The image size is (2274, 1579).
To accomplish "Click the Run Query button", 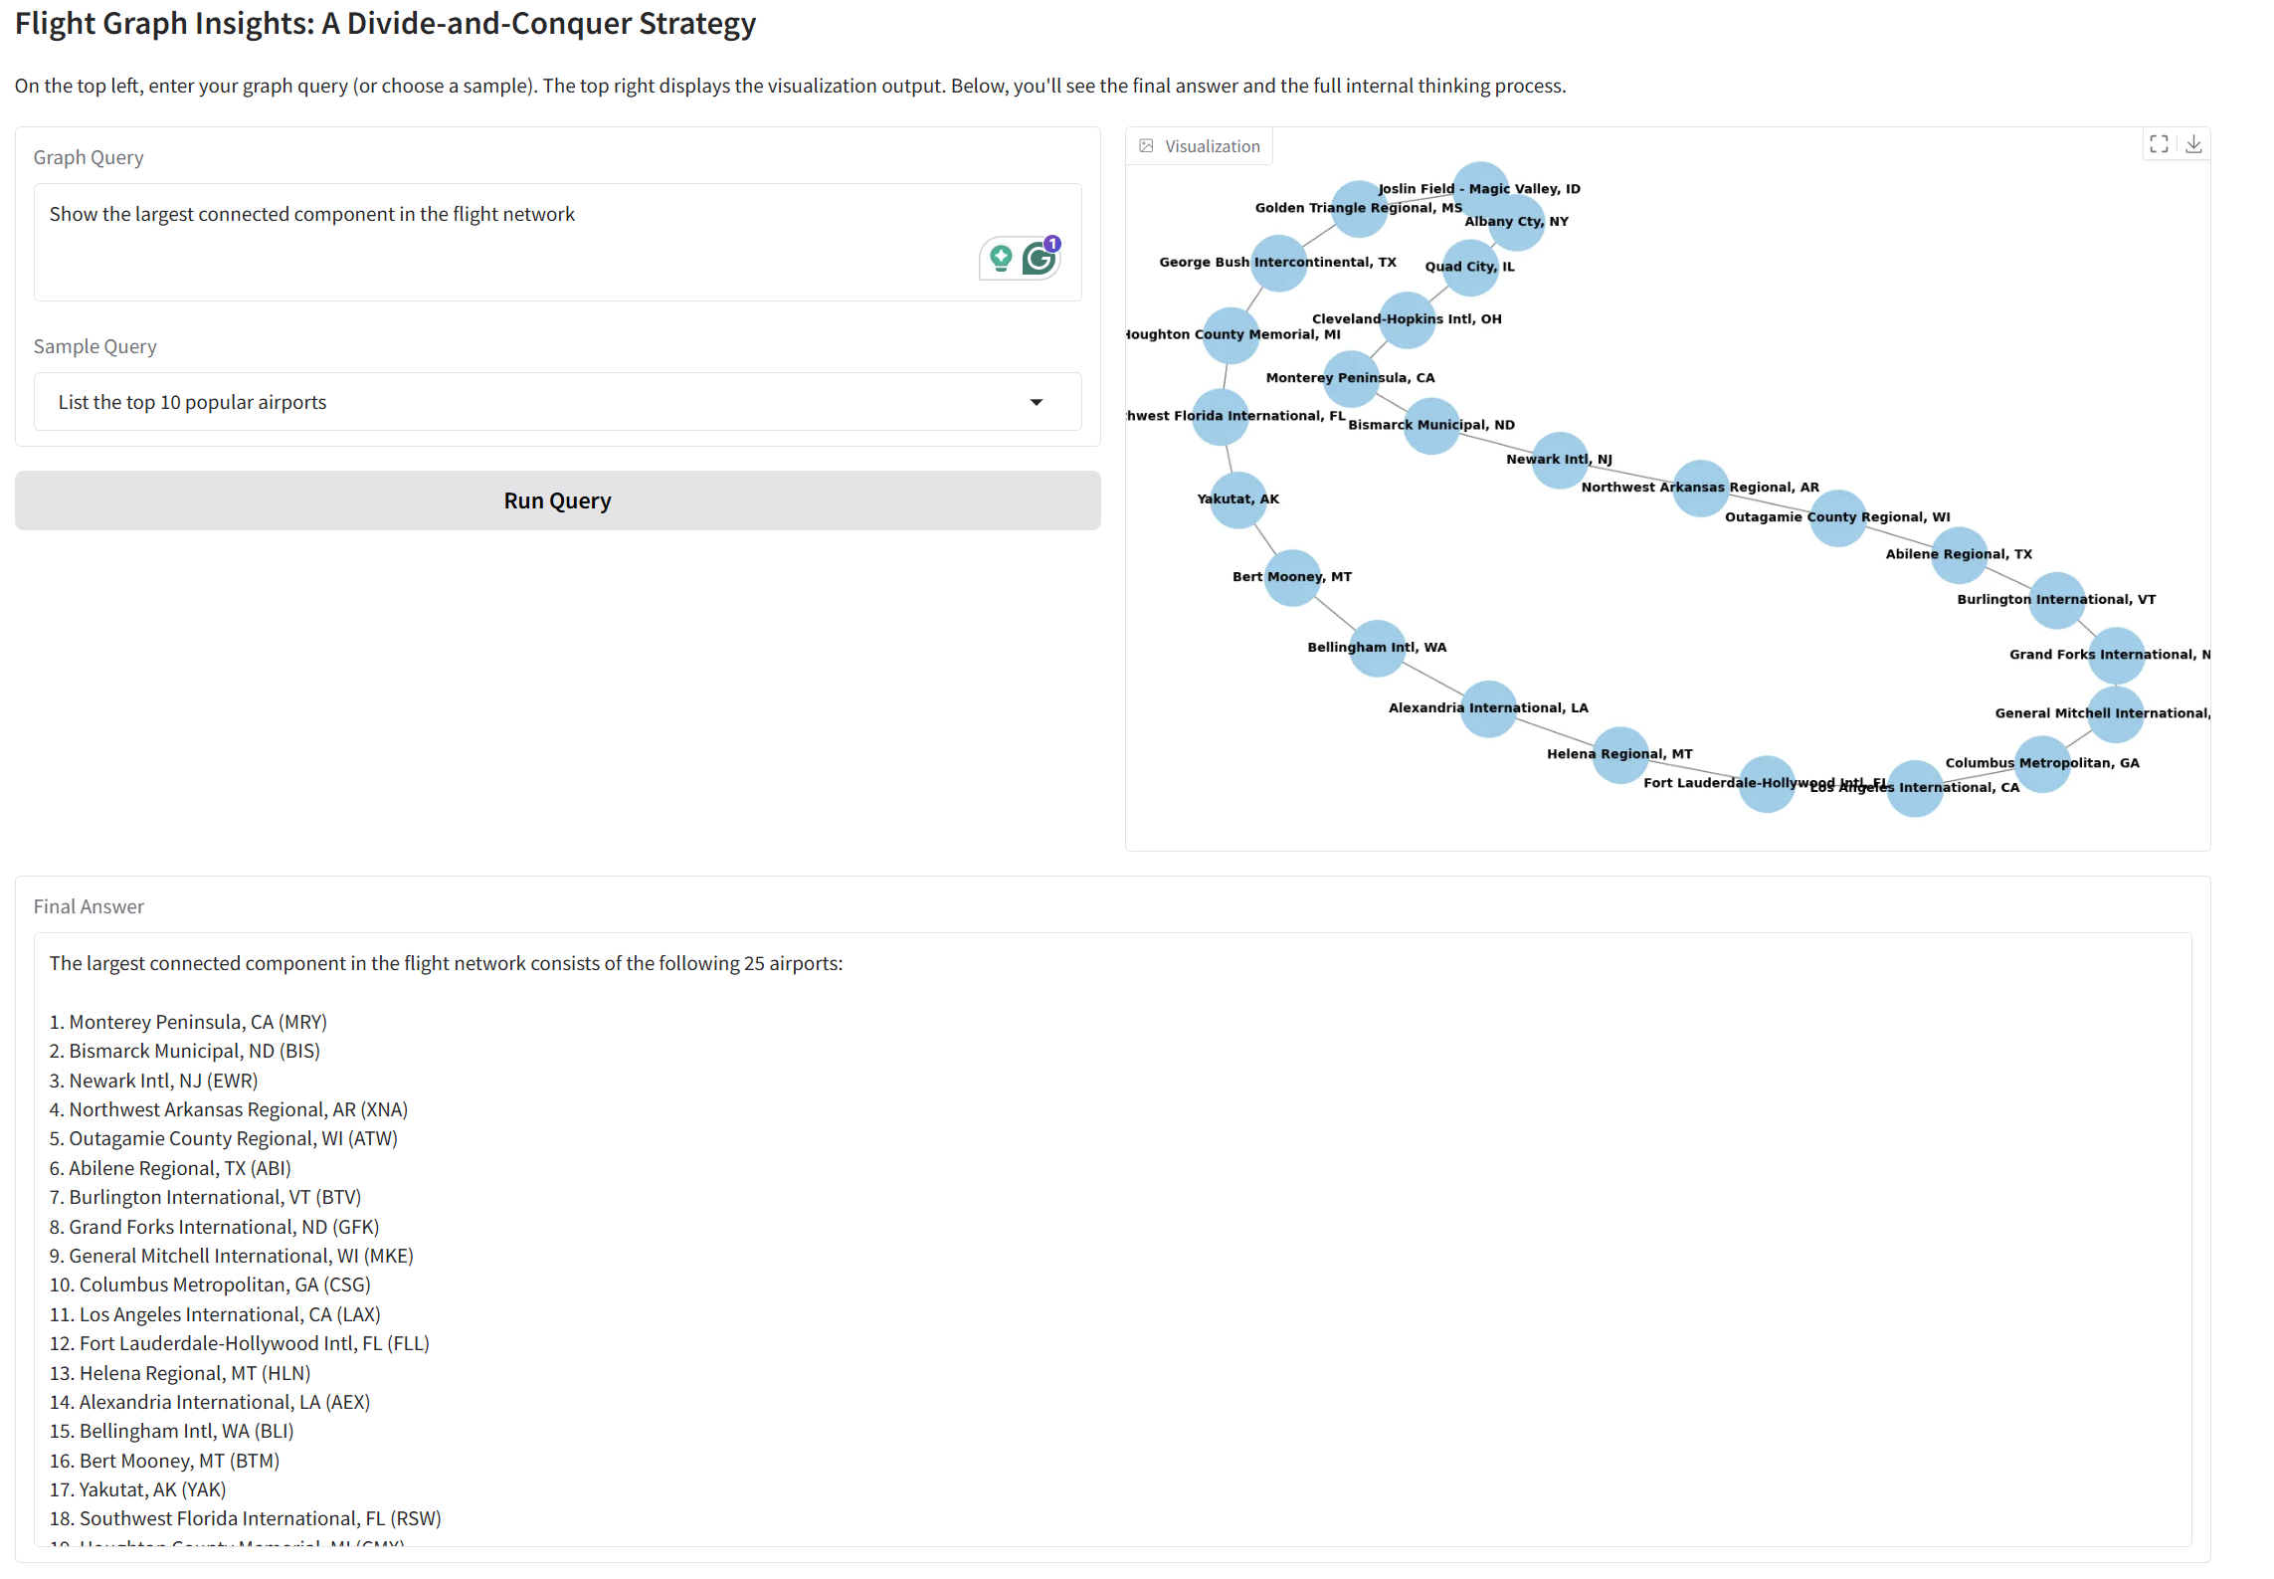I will [557, 500].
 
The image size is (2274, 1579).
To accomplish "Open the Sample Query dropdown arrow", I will [1036, 402].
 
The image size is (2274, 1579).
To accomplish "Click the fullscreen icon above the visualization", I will [2159, 144].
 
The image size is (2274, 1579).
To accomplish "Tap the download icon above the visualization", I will [2193, 144].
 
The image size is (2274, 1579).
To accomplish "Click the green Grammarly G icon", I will [1039, 259].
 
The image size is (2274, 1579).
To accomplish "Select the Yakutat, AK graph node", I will [1237, 499].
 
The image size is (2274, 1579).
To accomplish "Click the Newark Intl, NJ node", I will [1560, 460].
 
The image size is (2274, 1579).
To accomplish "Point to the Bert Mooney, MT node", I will [1292, 577].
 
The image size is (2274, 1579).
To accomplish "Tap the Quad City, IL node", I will [1470, 267].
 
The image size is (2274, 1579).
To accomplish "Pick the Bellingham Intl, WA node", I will [1378, 648].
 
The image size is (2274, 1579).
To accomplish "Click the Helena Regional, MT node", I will [1620, 754].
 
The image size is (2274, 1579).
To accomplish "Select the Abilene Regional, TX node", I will [1959, 554].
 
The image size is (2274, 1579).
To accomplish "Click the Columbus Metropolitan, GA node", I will [2042, 763].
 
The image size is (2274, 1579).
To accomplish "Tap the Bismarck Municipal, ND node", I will [1431, 425].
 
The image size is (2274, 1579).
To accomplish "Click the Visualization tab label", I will [1212, 146].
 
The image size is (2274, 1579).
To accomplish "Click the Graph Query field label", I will [89, 157].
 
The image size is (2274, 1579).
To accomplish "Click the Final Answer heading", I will [89, 906].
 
